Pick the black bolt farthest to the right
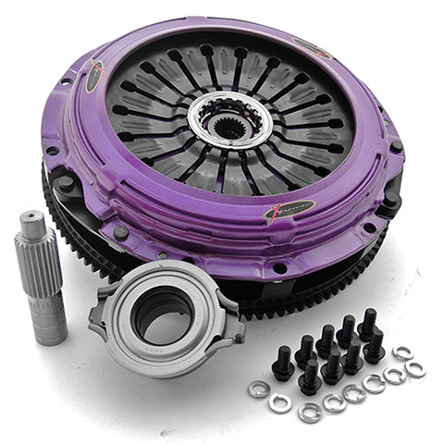[374, 347]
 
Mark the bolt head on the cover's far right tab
[396, 147]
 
